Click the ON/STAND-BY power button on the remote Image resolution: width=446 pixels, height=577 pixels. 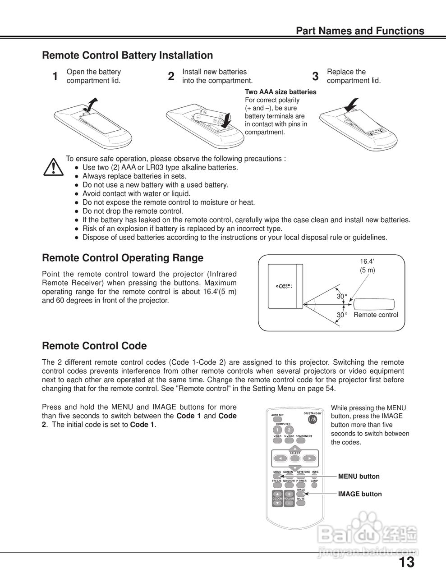coord(313,419)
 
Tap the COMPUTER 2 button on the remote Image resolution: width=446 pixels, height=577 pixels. coord(289,430)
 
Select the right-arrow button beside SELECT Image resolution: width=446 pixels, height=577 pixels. coord(309,458)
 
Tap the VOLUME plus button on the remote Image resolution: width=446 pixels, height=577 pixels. coord(289,494)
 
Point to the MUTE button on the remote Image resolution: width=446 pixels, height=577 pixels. coord(301,495)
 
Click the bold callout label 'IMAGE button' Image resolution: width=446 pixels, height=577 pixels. coord(360,494)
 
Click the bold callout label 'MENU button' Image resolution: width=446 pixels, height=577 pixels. coord(359,476)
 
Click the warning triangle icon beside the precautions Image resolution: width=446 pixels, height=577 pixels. coord(53,167)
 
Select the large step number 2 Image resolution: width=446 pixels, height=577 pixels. coord(171,77)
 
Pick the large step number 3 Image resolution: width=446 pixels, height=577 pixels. coord(315,77)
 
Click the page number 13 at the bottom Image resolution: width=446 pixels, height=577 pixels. coord(406,562)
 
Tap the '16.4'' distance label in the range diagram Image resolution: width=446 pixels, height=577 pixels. coord(367,261)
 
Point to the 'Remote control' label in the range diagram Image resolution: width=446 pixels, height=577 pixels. coord(376,315)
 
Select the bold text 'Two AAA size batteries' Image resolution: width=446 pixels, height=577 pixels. coord(280,92)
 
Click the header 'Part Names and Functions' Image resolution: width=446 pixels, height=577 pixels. coord(359,31)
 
